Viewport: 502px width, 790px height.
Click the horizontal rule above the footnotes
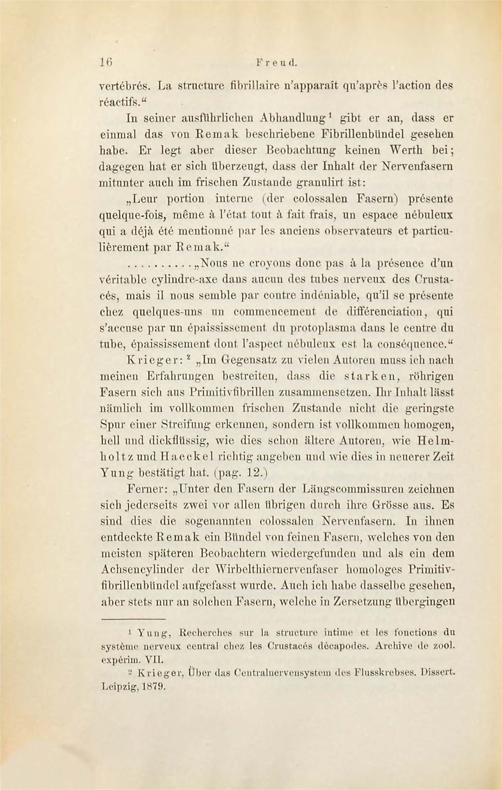coord(133,619)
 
